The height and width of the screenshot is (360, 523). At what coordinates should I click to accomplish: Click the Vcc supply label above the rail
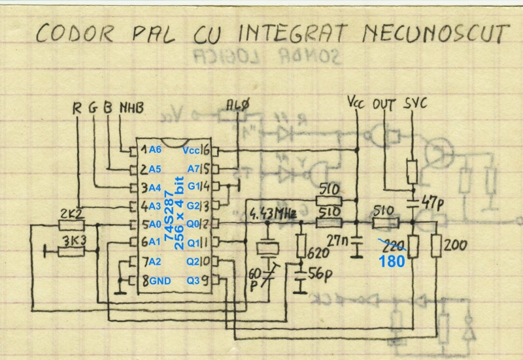357,103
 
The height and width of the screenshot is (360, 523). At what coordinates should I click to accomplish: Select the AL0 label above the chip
237,105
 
